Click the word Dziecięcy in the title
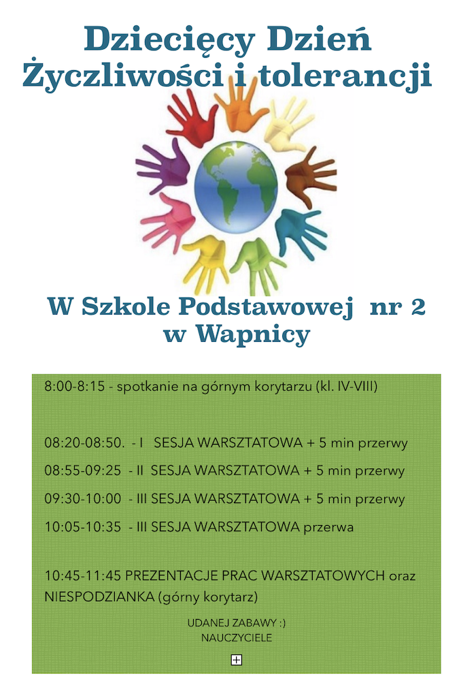tap(169, 40)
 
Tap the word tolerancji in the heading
tap(345, 76)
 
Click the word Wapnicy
tap(254, 335)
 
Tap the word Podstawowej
tap(266, 308)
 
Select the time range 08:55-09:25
tap(83, 471)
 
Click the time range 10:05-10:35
tap(83, 527)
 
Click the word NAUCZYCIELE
tap(237, 638)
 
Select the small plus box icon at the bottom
tap(236, 660)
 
